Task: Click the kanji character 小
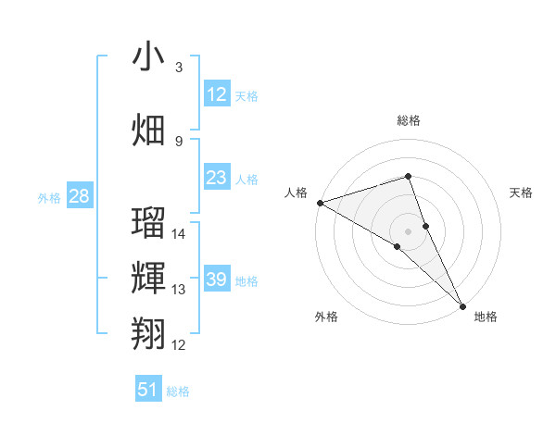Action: point(148,57)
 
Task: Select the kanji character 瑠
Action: point(148,223)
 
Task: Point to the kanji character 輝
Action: point(148,277)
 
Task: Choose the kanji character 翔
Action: point(148,331)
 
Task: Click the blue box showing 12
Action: point(216,94)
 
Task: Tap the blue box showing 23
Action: point(216,178)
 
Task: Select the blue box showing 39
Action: point(216,280)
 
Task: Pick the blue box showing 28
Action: point(79,196)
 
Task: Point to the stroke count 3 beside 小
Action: point(179,67)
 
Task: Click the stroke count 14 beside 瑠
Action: point(180,233)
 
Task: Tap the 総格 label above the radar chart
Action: point(408,120)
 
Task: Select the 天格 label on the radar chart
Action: point(521,193)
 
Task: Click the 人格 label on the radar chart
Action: point(297,193)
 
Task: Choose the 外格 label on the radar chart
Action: point(325,317)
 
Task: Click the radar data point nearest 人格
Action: point(320,202)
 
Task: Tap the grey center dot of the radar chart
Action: point(408,230)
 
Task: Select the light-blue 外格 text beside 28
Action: point(48,197)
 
